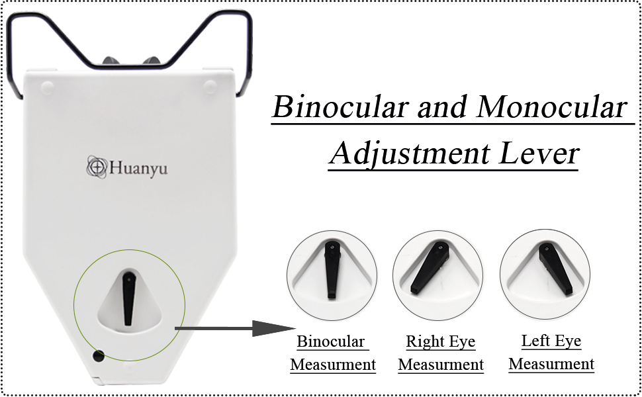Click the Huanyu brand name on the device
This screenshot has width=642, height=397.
138,168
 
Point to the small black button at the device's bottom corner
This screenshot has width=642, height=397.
99,356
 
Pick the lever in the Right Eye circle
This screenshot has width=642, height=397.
430,268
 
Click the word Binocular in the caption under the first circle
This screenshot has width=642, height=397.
331,342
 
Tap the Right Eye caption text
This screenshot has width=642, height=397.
440,342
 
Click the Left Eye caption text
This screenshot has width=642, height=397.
551,341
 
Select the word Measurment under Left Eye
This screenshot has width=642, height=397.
551,364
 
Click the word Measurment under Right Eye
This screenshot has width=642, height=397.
441,365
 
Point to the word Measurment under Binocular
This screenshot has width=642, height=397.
333,365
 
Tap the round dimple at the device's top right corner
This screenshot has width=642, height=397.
210,85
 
